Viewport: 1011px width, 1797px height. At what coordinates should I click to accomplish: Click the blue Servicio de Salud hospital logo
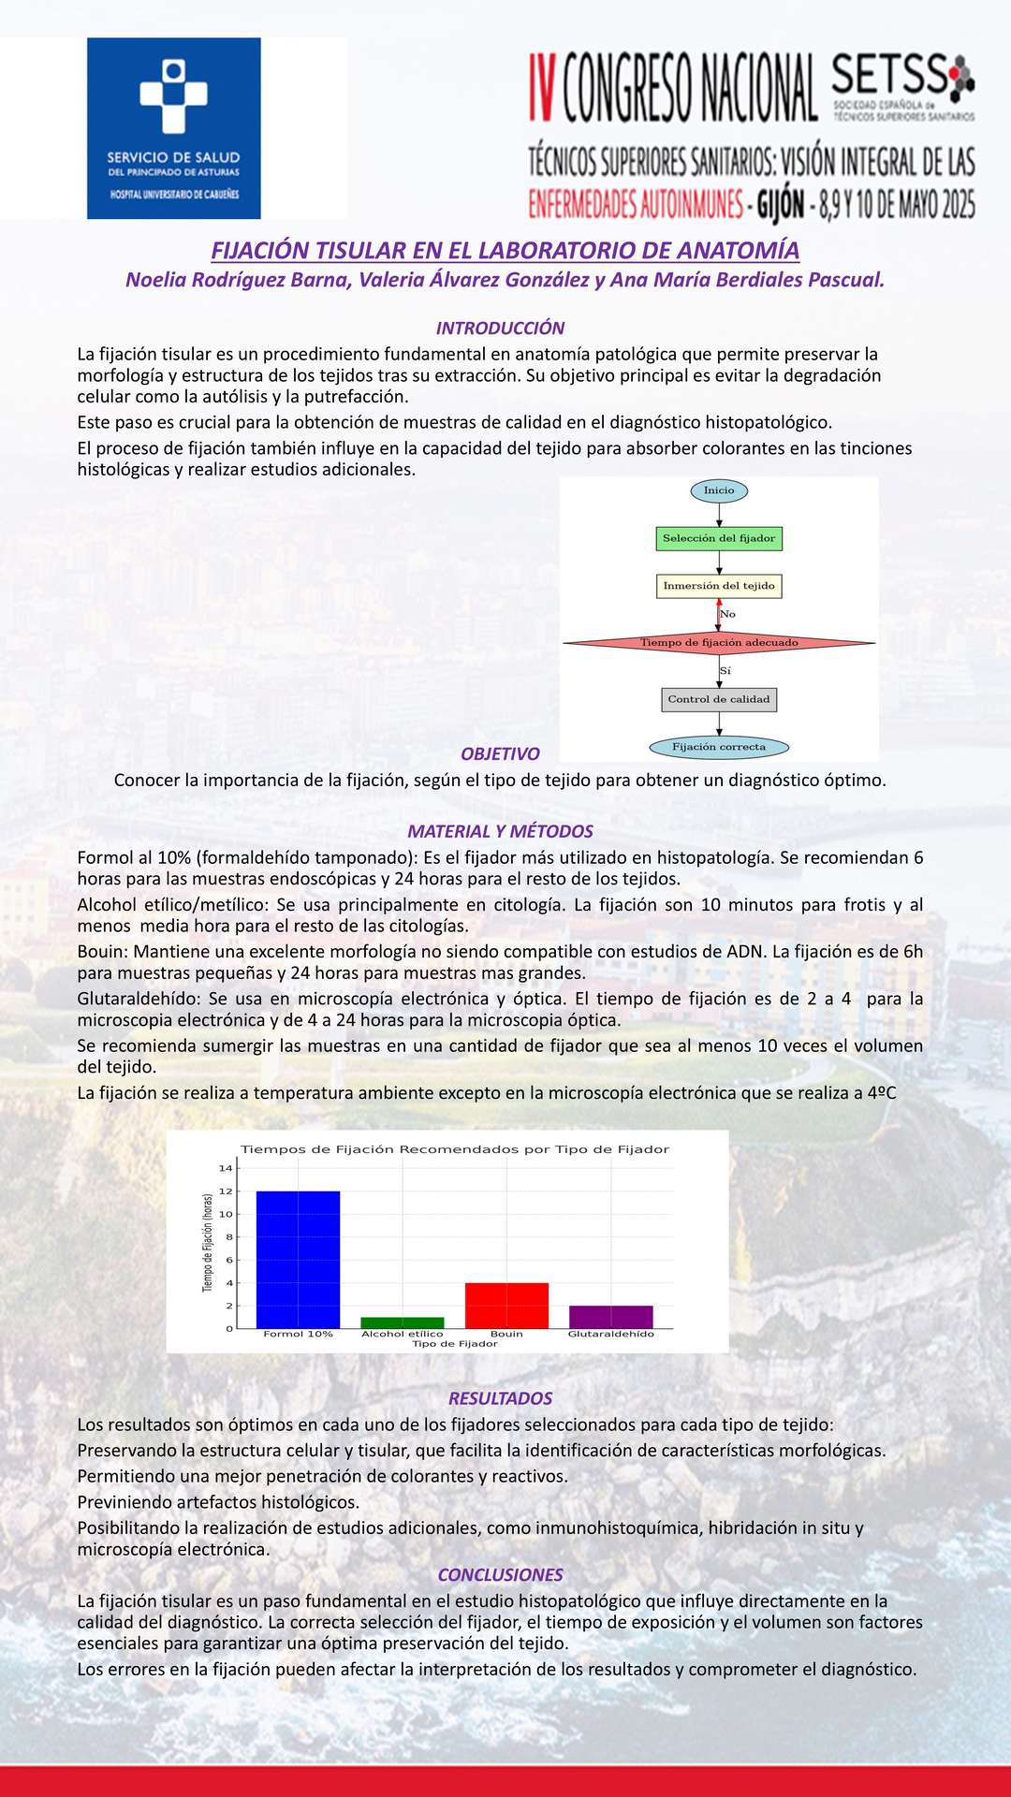pyautogui.click(x=173, y=128)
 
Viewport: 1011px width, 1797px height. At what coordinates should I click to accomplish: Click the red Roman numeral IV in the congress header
pyautogui.click(x=543, y=88)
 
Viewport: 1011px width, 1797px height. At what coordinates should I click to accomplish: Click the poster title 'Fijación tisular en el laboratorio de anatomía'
pyautogui.click(x=505, y=251)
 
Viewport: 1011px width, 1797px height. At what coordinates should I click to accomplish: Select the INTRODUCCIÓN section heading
pyautogui.click(x=500, y=329)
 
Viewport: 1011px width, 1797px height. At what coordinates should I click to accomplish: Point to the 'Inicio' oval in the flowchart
pyautogui.click(x=719, y=490)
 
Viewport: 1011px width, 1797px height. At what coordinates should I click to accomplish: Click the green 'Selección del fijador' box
pyautogui.click(x=719, y=539)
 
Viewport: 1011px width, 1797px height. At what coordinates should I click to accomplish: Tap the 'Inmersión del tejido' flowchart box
pyautogui.click(x=719, y=586)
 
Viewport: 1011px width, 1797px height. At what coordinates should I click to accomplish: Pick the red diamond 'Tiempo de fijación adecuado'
pyautogui.click(x=719, y=643)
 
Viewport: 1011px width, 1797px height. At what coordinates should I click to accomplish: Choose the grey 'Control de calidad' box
pyautogui.click(x=719, y=699)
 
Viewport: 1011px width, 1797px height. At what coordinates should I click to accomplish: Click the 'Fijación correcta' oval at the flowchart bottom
pyautogui.click(x=719, y=747)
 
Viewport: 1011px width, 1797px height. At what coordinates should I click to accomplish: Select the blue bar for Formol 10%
pyautogui.click(x=298, y=1259)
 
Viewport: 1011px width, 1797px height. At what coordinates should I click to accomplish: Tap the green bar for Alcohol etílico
pyautogui.click(x=403, y=1322)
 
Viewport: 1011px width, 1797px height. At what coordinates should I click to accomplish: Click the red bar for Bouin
pyautogui.click(x=506, y=1305)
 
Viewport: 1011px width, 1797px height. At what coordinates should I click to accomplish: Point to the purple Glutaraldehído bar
pyautogui.click(x=610, y=1317)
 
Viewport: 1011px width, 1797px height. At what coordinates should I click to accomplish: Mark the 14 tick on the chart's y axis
pyautogui.click(x=226, y=1168)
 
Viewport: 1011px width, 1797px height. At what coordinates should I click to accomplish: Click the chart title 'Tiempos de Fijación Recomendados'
pyautogui.click(x=455, y=1149)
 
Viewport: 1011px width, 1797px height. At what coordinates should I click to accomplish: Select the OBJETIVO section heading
pyautogui.click(x=500, y=754)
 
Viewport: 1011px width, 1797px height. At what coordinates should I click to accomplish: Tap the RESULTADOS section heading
pyautogui.click(x=500, y=1398)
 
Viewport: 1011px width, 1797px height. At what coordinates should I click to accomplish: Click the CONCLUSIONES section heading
pyautogui.click(x=500, y=1575)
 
